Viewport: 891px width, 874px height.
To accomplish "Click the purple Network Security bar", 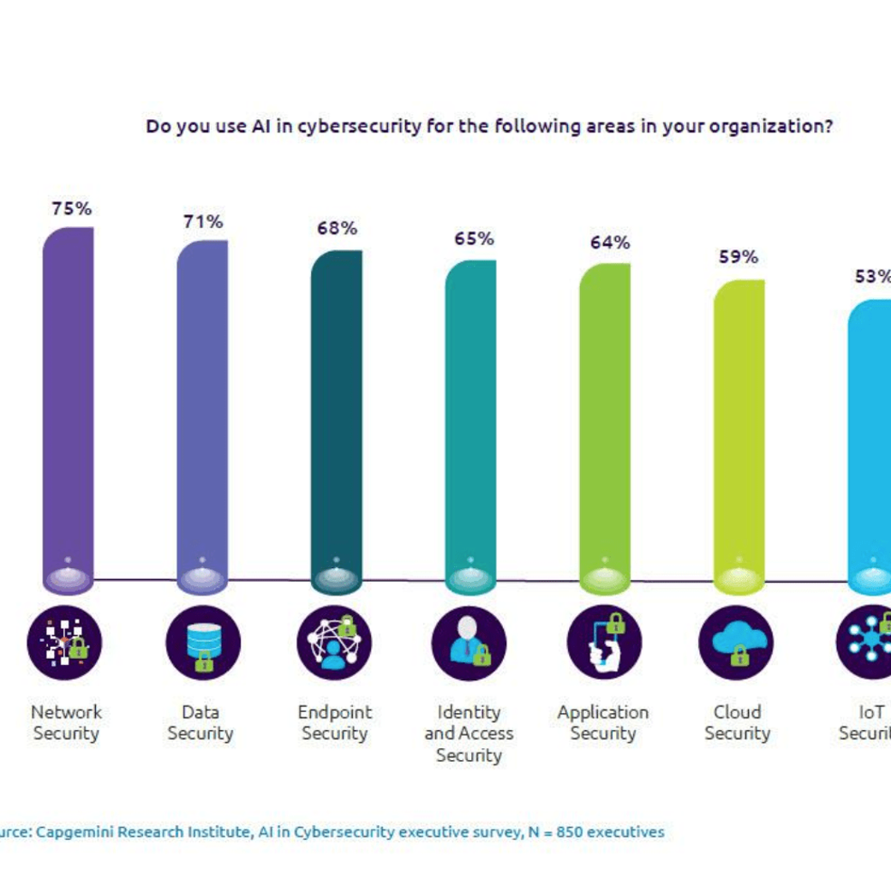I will pyautogui.click(x=68, y=403).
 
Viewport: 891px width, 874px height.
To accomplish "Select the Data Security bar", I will pyautogui.click(x=202, y=411).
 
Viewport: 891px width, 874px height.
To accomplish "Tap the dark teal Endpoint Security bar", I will pyautogui.click(x=336, y=416).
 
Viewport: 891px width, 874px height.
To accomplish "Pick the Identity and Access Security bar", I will pyautogui.click(x=470, y=420).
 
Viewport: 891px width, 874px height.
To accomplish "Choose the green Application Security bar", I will pyautogui.click(x=604, y=424).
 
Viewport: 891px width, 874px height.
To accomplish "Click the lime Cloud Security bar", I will pyautogui.click(x=739, y=433).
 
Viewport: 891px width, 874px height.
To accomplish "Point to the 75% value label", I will pyautogui.click(x=71, y=208).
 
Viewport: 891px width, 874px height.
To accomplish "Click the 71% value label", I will pyautogui.click(x=203, y=221).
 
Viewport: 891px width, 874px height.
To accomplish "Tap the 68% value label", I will pyautogui.click(x=337, y=229).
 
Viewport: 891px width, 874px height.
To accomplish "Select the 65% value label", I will pyautogui.click(x=474, y=239).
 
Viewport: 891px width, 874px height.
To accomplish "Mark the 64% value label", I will pyautogui.click(x=609, y=242).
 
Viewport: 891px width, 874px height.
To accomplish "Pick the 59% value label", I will pyautogui.click(x=739, y=257).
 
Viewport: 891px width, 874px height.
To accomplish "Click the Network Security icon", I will pyautogui.click(x=64, y=642).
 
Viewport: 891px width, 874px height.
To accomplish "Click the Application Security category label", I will pyautogui.click(x=603, y=722).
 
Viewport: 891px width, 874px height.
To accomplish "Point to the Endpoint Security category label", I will pyautogui.click(x=335, y=722).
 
